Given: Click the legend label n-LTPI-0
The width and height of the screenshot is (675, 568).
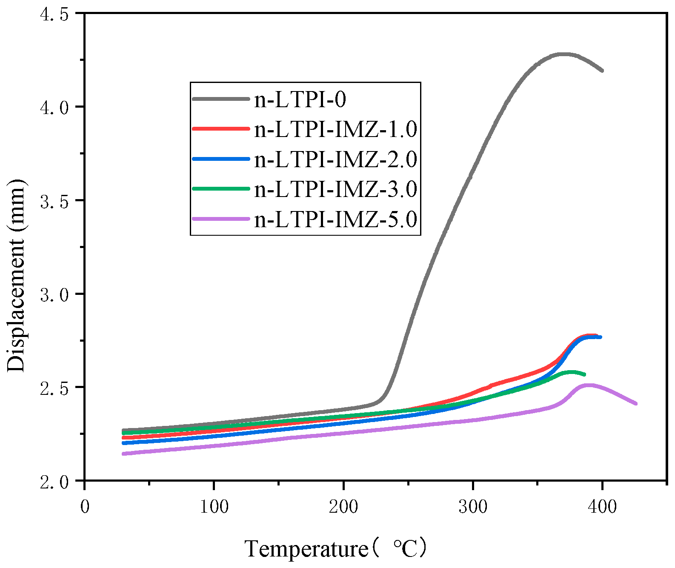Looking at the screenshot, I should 300,100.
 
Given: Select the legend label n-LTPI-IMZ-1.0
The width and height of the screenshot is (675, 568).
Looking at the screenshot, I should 335,129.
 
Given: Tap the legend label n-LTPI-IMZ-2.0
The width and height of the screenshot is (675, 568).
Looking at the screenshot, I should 335,160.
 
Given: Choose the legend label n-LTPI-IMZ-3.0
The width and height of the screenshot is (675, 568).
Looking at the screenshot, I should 335,189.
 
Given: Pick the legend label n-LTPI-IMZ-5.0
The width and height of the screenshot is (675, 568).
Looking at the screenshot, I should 335,220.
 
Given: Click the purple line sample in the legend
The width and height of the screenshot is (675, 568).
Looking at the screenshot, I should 220,219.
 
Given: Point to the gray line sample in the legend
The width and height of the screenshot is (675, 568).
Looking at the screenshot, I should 220,99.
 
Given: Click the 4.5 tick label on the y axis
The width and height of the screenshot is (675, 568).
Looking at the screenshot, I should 54,14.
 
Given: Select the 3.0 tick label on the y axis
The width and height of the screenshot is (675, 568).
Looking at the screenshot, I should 54,294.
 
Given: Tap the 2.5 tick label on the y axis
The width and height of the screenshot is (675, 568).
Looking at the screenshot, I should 54,388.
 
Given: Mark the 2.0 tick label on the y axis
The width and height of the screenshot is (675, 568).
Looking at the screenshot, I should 54,482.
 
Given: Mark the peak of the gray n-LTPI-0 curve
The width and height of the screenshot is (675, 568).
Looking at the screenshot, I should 563,54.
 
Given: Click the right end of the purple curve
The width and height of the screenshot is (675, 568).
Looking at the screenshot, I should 635,403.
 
